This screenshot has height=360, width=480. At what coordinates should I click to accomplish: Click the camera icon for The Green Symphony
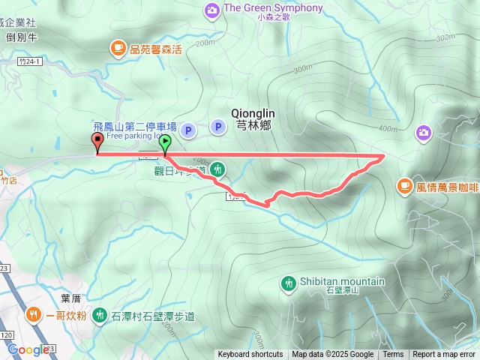pyautogui.click(x=212, y=9)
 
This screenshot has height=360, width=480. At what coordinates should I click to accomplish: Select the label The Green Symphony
pyautogui.click(x=273, y=8)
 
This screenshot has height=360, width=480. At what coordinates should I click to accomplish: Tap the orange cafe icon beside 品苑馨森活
pyautogui.click(x=118, y=49)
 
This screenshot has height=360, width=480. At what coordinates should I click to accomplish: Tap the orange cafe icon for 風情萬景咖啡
pyautogui.click(x=405, y=184)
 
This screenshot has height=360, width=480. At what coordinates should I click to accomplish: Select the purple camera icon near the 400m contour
pyautogui.click(x=424, y=133)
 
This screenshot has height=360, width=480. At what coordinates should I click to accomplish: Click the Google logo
pyautogui.click(x=28, y=349)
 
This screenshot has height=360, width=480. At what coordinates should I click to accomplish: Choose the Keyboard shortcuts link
pyautogui.click(x=250, y=355)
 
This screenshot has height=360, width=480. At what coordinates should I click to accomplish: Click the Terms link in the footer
pyautogui.click(x=393, y=355)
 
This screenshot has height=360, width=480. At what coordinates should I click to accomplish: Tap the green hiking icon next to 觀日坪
pyautogui.click(x=217, y=169)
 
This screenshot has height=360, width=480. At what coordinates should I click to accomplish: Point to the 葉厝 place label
pyautogui.click(x=71, y=298)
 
